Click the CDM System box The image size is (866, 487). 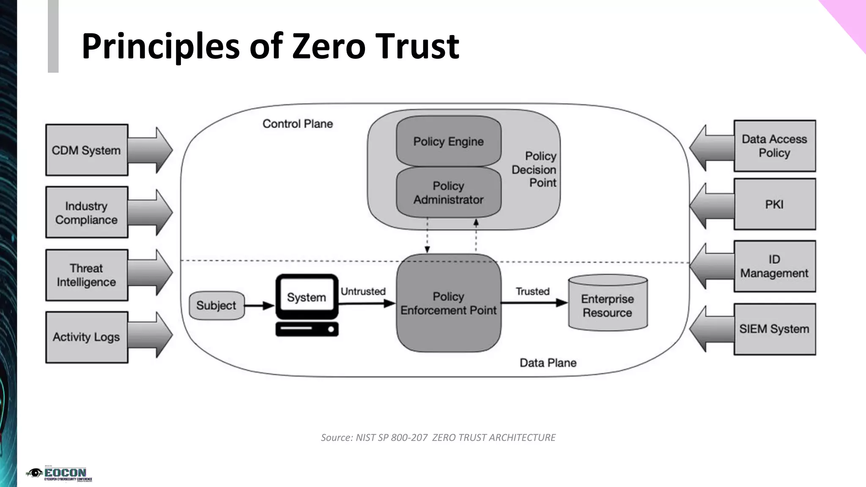point(87,150)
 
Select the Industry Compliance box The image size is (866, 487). point(87,212)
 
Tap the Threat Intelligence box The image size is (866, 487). point(87,275)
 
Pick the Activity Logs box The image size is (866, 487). point(87,337)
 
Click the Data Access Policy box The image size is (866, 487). point(774,146)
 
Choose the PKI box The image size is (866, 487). point(774,204)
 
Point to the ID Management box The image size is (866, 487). point(774,266)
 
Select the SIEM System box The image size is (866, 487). point(774,329)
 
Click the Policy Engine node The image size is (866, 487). point(448,141)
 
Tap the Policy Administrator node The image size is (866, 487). point(448,193)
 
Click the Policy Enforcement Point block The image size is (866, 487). point(448,303)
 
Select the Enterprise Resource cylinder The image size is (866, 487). point(608,305)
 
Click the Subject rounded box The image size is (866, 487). point(216,305)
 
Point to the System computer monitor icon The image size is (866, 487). point(307,297)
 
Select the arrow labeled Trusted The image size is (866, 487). point(534,303)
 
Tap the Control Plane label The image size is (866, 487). point(298,124)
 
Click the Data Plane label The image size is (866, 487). point(548,363)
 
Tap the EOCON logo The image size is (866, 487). point(59,474)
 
